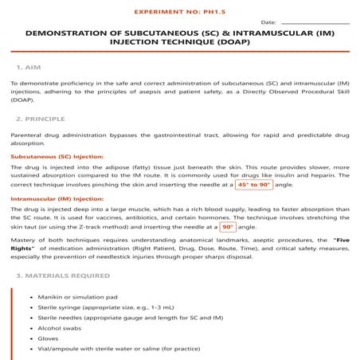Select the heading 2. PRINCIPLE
(43, 119)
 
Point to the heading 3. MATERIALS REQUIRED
(63, 276)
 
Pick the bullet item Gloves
(49, 338)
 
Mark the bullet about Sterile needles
(112, 316)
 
